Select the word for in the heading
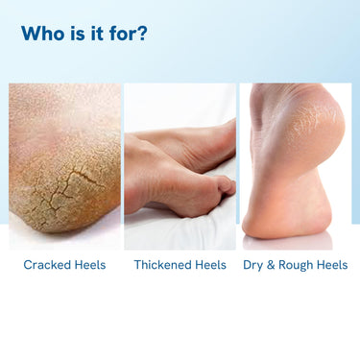(x=122, y=33)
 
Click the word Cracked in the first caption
(x=47, y=265)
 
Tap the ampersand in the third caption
(x=271, y=265)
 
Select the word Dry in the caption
(x=253, y=266)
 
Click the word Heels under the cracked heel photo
(x=90, y=265)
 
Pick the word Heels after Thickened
(x=210, y=265)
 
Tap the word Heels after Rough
(x=332, y=265)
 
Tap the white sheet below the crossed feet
(x=180, y=230)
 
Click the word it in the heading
(x=97, y=33)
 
